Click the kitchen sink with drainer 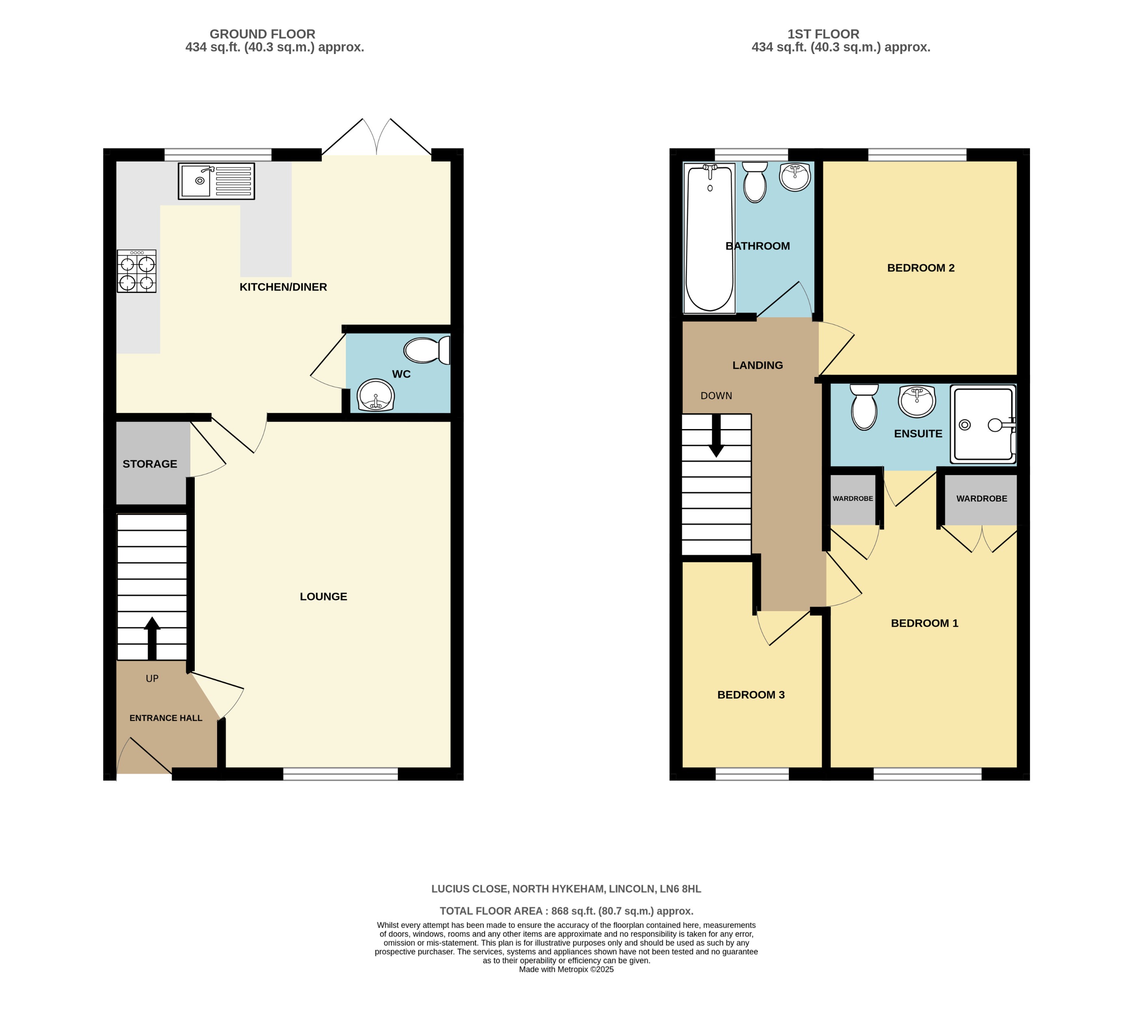point(216,181)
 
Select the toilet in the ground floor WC point(427,351)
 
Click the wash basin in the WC point(375,395)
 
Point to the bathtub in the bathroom point(709,238)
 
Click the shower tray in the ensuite point(983,424)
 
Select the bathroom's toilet point(755,182)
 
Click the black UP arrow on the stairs point(152,638)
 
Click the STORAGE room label point(150,464)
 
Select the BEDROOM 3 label point(751,695)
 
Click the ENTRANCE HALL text point(166,718)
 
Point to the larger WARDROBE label point(981,499)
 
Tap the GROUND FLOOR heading point(263,34)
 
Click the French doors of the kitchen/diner point(377,138)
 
